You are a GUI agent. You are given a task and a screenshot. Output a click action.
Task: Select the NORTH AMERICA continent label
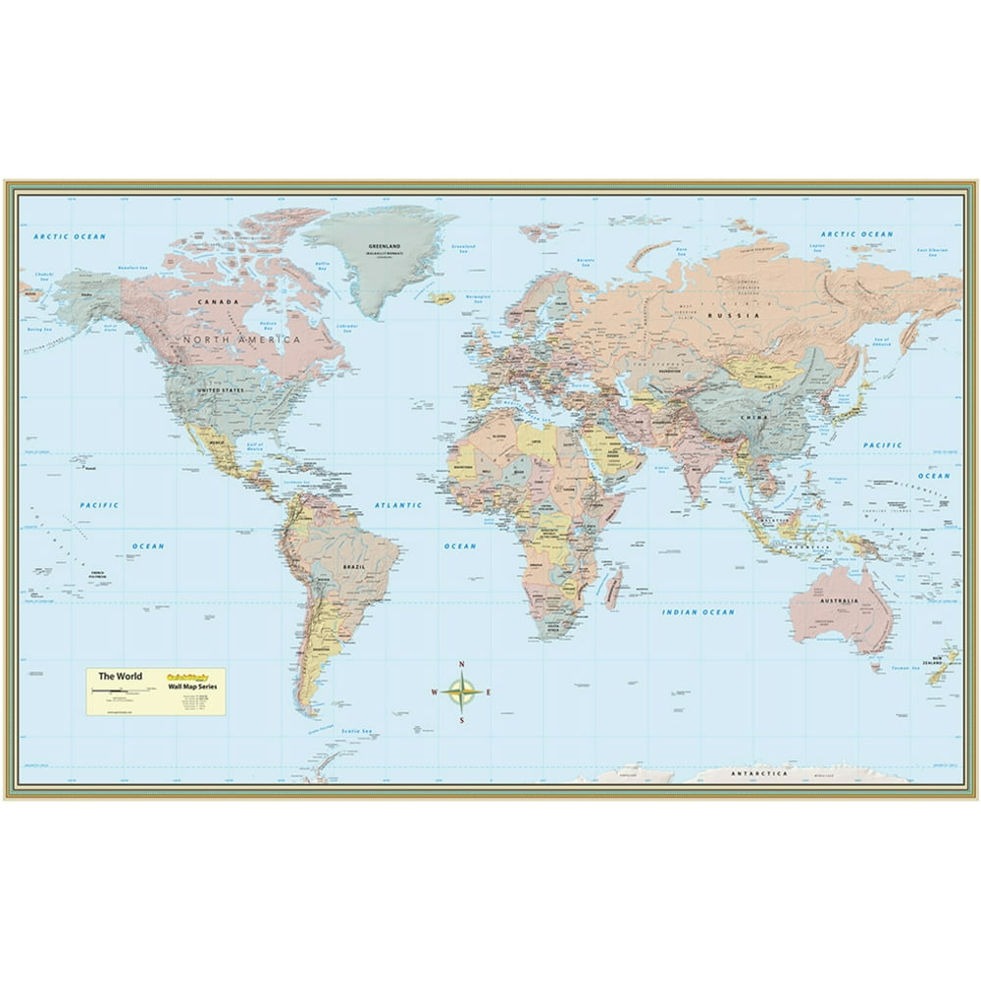(x=239, y=339)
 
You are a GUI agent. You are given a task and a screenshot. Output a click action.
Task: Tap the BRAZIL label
(x=353, y=567)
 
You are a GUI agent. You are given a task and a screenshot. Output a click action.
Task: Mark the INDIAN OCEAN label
(x=697, y=612)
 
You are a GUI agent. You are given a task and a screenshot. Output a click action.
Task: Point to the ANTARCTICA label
(x=759, y=773)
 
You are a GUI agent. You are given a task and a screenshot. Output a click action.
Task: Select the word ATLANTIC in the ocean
(x=398, y=505)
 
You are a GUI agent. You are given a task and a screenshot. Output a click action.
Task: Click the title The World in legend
(x=115, y=676)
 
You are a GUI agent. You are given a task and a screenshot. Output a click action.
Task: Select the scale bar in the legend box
(x=116, y=693)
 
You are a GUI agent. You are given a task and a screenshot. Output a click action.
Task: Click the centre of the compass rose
(x=461, y=692)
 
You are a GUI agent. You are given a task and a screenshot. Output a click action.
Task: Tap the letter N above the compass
(x=461, y=665)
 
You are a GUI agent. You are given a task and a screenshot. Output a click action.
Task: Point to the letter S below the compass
(x=461, y=720)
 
